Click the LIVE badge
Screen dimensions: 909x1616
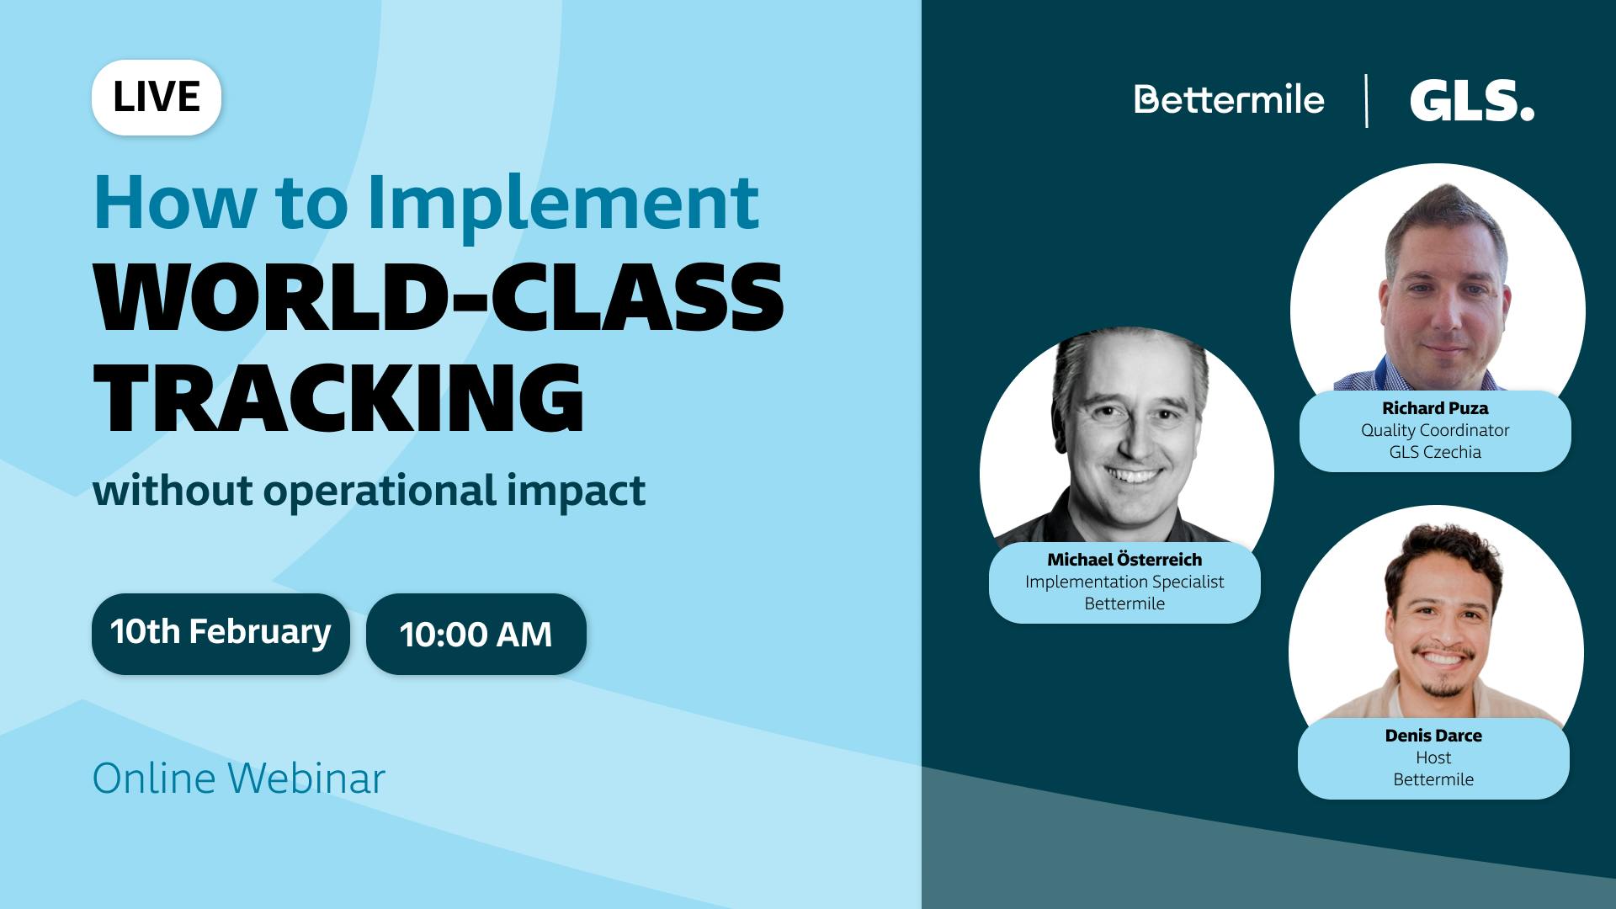(x=157, y=98)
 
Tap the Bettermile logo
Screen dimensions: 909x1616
(x=1229, y=100)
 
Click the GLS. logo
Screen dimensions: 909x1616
(x=1471, y=101)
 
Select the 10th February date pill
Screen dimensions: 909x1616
(x=221, y=633)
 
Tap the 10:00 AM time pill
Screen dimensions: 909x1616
(x=476, y=635)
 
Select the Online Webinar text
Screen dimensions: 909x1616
(x=239, y=779)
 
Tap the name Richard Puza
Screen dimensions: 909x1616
(x=1435, y=408)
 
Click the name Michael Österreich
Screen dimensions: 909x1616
(x=1124, y=560)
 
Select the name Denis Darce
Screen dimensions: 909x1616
(x=1433, y=736)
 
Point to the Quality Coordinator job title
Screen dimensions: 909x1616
(x=1435, y=430)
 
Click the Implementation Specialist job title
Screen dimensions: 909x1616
(x=1124, y=582)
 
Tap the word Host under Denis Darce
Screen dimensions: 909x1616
(x=1433, y=757)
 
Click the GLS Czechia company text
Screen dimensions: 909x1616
(x=1435, y=452)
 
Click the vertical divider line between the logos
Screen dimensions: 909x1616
(x=1366, y=101)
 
